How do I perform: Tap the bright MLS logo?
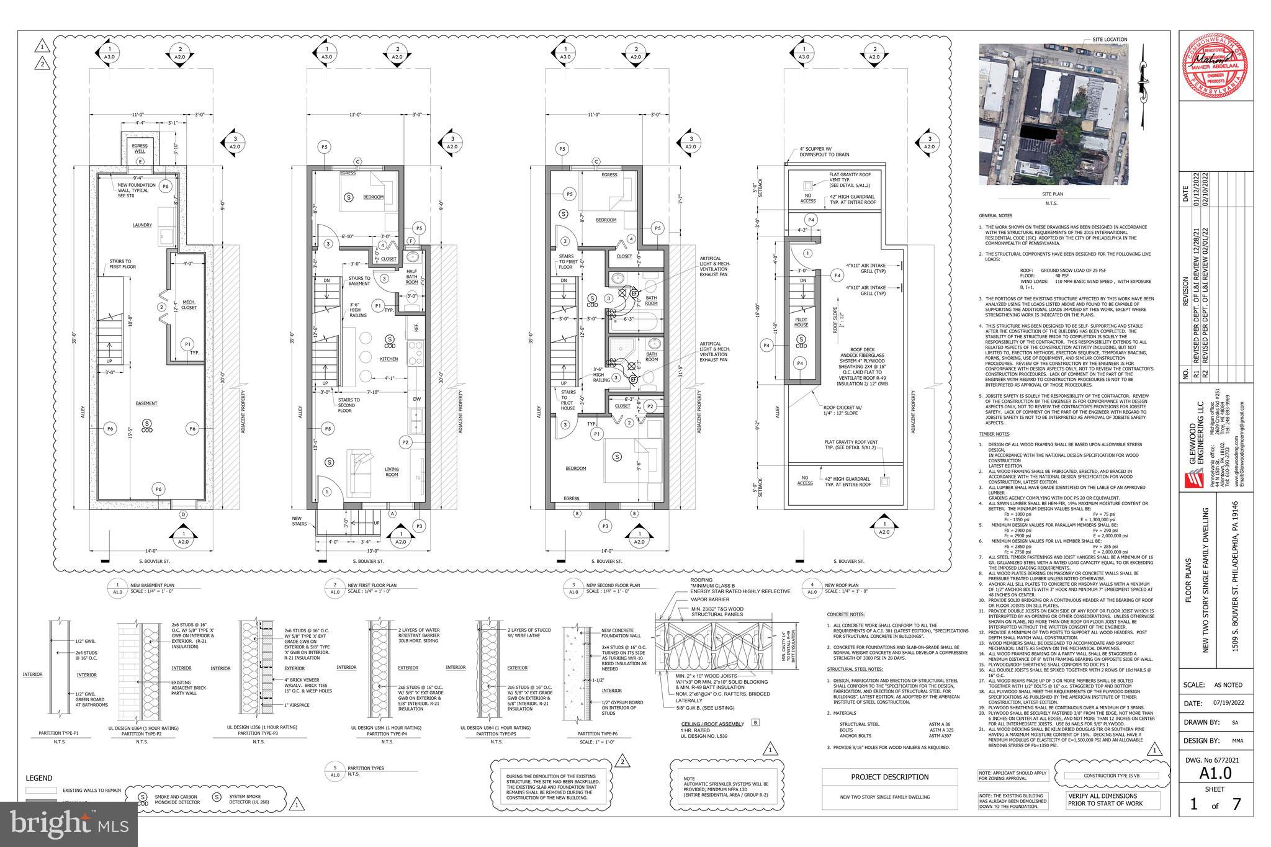pos(68,823)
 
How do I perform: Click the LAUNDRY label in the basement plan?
pos(141,225)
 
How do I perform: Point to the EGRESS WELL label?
pos(140,148)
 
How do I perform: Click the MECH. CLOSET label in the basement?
pos(189,305)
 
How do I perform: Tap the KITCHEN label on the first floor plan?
pos(388,359)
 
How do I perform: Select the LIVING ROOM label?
pos(391,473)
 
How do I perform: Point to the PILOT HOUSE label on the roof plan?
pos(801,323)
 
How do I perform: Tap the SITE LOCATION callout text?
pos(1110,40)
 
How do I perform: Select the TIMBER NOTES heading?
pos(994,434)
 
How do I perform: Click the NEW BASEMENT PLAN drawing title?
pos(152,585)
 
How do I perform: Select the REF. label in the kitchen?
pos(416,325)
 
